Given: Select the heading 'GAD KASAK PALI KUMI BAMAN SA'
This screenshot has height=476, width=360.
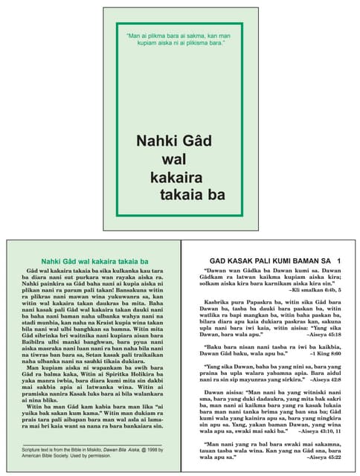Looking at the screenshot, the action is click(x=266, y=260).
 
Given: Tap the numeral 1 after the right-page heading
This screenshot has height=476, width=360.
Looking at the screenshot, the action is click(x=338, y=260).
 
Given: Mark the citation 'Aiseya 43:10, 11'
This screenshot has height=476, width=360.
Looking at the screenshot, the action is click(x=318, y=430).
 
